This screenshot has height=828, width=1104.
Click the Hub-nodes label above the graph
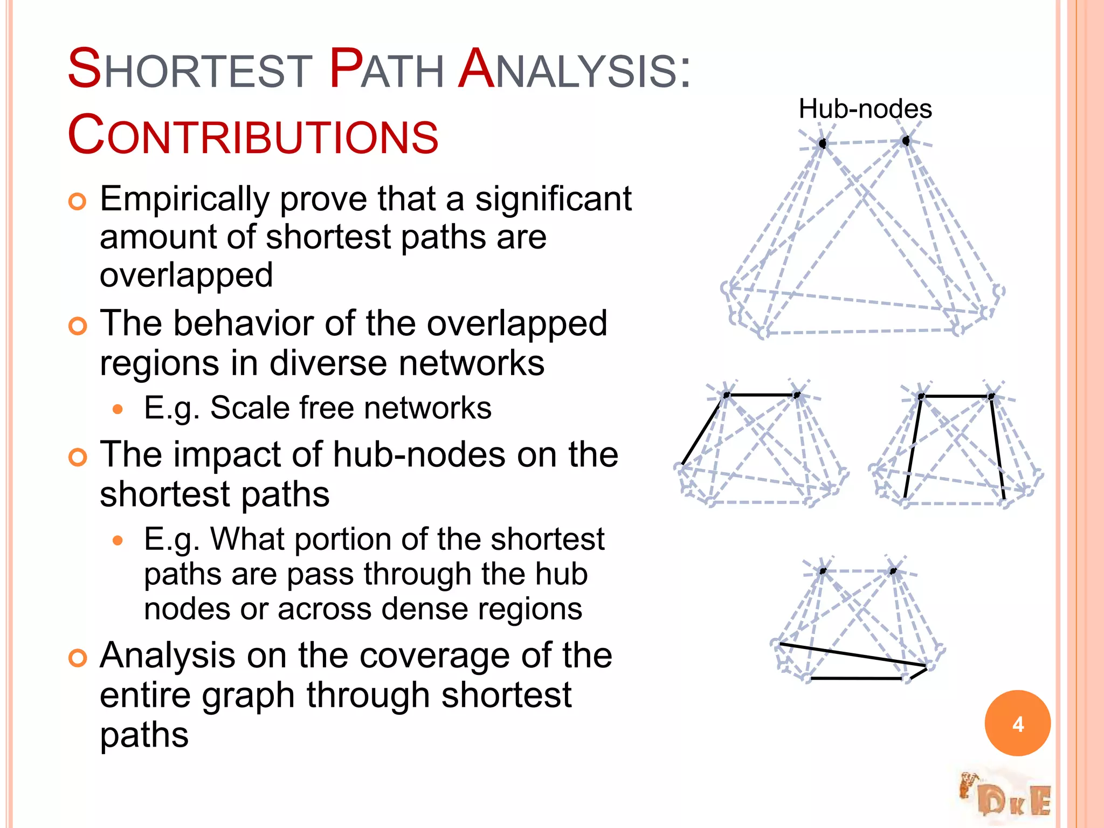coord(865,109)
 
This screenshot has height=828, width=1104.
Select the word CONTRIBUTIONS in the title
coord(253,136)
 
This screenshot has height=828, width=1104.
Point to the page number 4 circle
coord(1017,723)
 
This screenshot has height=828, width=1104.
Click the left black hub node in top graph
coord(823,143)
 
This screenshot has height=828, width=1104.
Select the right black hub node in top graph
coord(906,141)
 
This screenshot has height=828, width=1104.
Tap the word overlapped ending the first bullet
coord(186,275)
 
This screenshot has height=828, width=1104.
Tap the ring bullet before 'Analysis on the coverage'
coord(78,658)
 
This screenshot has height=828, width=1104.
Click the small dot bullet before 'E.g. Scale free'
coord(118,409)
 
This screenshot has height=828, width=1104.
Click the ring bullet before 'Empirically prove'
coord(78,202)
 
